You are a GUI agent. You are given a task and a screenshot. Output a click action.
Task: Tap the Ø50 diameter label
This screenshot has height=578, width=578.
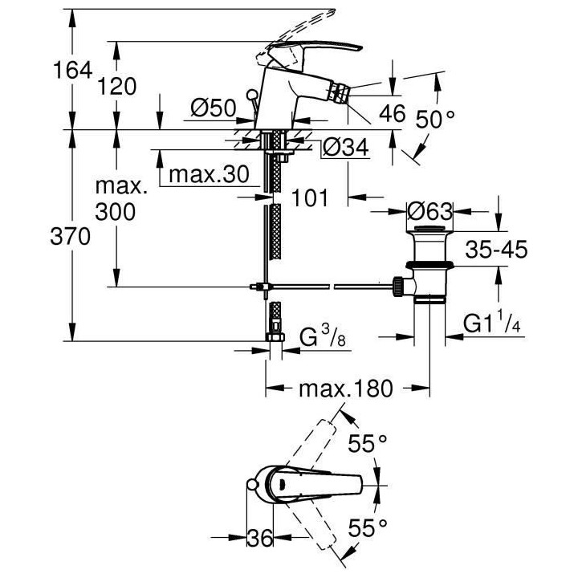point(212,107)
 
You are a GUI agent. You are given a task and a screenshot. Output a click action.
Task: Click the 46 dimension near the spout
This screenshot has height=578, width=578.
point(393,113)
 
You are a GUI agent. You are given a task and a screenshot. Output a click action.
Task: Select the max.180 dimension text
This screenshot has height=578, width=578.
point(346,389)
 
